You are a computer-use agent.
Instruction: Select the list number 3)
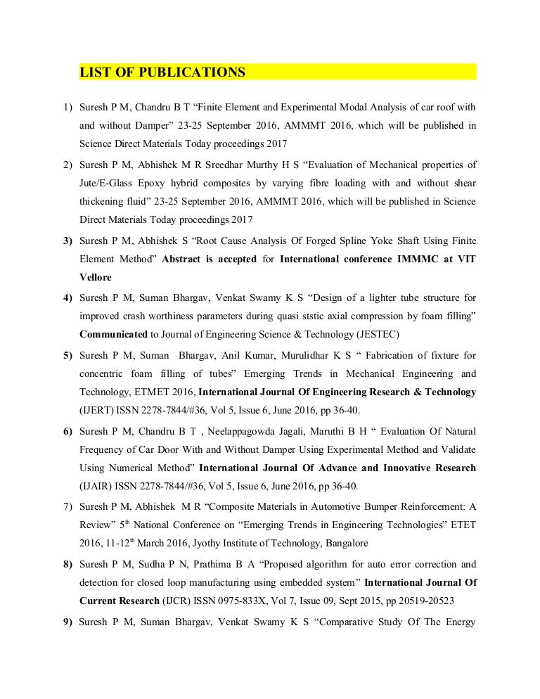(x=67, y=241)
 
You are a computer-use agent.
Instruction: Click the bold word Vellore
(x=96, y=277)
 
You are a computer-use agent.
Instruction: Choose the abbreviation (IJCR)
(x=169, y=601)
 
